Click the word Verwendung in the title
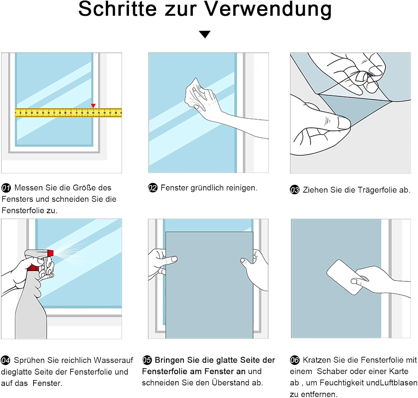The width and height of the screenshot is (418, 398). click(x=268, y=9)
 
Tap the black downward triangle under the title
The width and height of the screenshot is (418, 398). click(x=205, y=34)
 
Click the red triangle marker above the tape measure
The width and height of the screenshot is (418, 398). click(x=93, y=105)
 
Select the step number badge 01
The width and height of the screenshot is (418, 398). click(x=6, y=188)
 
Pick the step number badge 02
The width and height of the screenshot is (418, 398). click(x=153, y=188)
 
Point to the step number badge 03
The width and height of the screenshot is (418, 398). click(x=295, y=190)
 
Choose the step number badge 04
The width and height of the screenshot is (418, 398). click(x=6, y=360)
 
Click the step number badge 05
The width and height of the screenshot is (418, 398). click(x=147, y=360)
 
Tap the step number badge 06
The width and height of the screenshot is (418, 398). click(x=295, y=360)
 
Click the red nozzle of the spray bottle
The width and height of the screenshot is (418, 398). click(x=50, y=253)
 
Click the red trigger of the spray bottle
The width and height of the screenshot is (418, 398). click(x=33, y=268)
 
